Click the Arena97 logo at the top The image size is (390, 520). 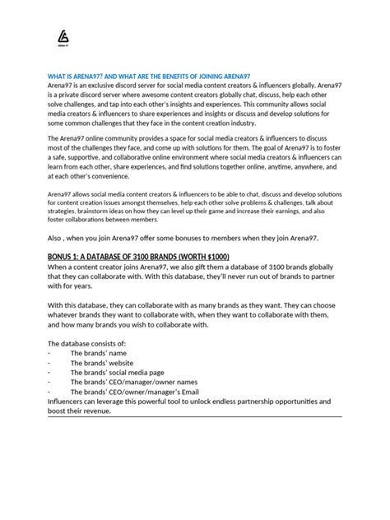click(x=63, y=38)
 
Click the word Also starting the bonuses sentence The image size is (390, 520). click(x=56, y=237)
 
